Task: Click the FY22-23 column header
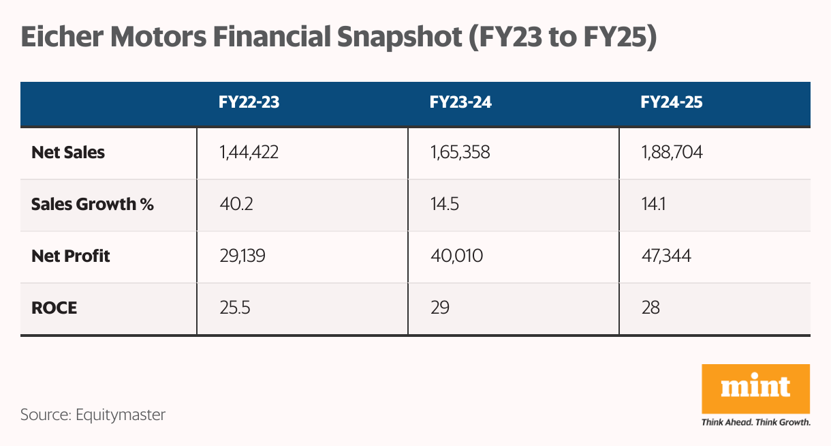point(249,103)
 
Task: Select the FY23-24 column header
point(460,103)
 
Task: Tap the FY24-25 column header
point(672,103)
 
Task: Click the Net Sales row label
point(68,153)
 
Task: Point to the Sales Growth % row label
point(93,205)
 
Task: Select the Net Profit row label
point(71,256)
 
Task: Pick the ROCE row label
point(54,308)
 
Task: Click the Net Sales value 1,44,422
point(249,153)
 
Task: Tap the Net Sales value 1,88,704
point(672,153)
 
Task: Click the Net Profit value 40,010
point(456,256)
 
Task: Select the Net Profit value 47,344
point(668,256)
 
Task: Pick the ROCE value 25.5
point(235,308)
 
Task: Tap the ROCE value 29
point(440,308)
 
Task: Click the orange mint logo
point(755,389)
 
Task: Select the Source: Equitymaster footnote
point(93,414)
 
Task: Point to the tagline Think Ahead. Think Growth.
point(755,422)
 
